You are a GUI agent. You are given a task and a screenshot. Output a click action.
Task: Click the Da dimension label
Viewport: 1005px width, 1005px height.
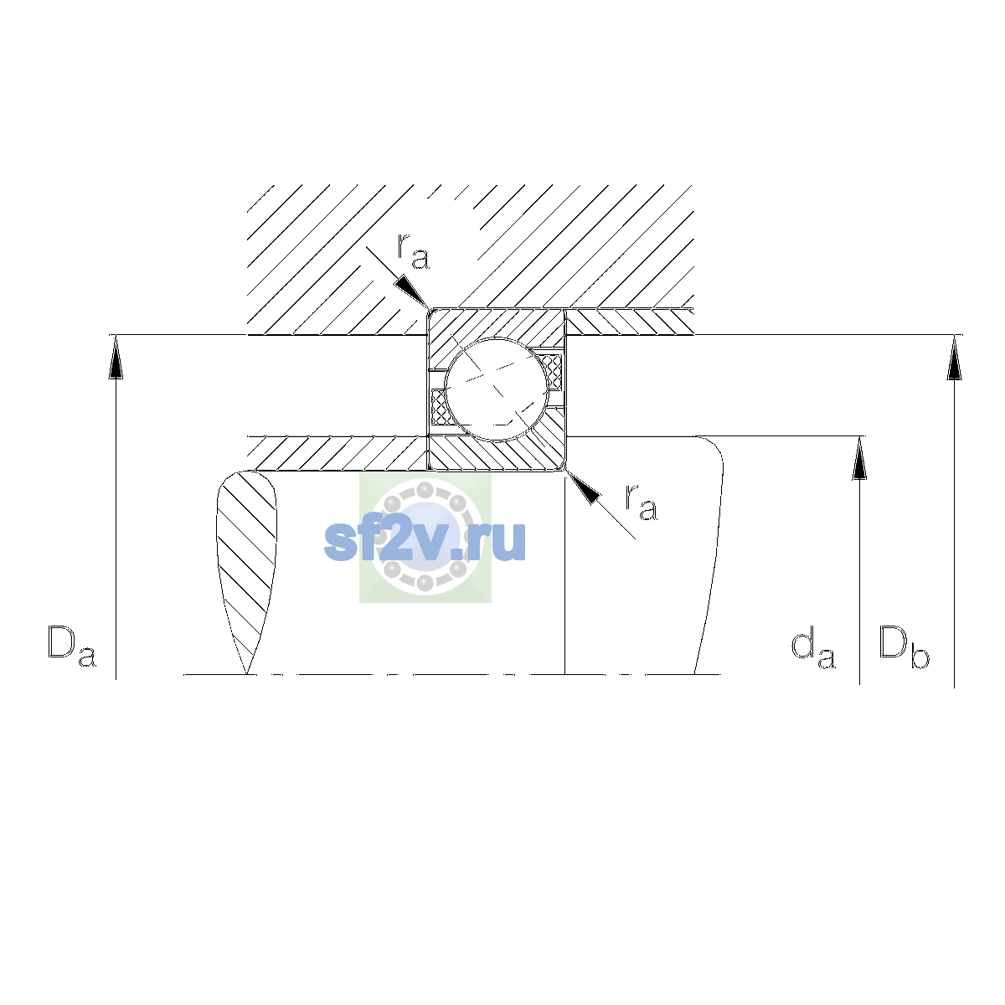click(72, 647)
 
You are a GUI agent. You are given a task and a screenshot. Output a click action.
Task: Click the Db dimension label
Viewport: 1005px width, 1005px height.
click(904, 647)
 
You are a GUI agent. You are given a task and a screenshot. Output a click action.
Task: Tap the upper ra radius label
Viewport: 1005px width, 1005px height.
click(413, 252)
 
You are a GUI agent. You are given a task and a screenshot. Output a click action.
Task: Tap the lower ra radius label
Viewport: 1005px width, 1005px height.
click(641, 502)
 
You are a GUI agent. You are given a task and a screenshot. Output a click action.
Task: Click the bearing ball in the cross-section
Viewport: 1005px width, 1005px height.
click(497, 389)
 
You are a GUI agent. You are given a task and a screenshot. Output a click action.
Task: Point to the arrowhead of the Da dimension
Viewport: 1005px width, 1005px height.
click(116, 357)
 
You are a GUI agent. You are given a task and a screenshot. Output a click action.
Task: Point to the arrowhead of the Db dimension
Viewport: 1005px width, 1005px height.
click(954, 357)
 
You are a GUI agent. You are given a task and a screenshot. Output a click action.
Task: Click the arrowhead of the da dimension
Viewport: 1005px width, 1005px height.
click(859, 458)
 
